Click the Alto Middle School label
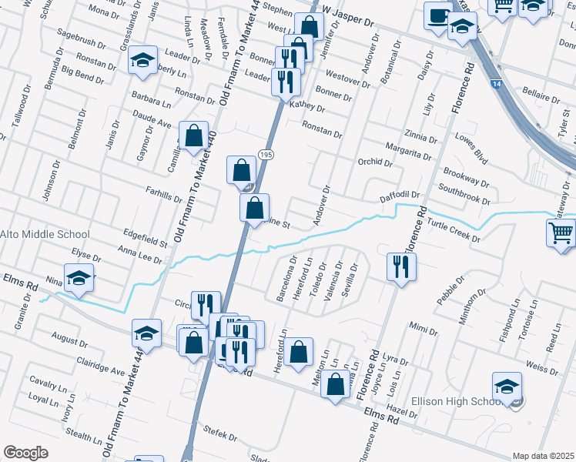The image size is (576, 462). click(x=45, y=234)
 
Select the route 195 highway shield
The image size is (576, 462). click(x=266, y=155)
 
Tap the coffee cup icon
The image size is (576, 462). click(x=438, y=15)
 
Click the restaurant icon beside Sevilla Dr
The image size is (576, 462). click(x=400, y=266)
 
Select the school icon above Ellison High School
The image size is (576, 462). click(x=507, y=386)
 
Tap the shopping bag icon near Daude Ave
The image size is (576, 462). click(x=193, y=136)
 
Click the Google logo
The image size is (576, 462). click(x=25, y=452)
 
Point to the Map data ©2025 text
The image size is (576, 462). click(x=543, y=456)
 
